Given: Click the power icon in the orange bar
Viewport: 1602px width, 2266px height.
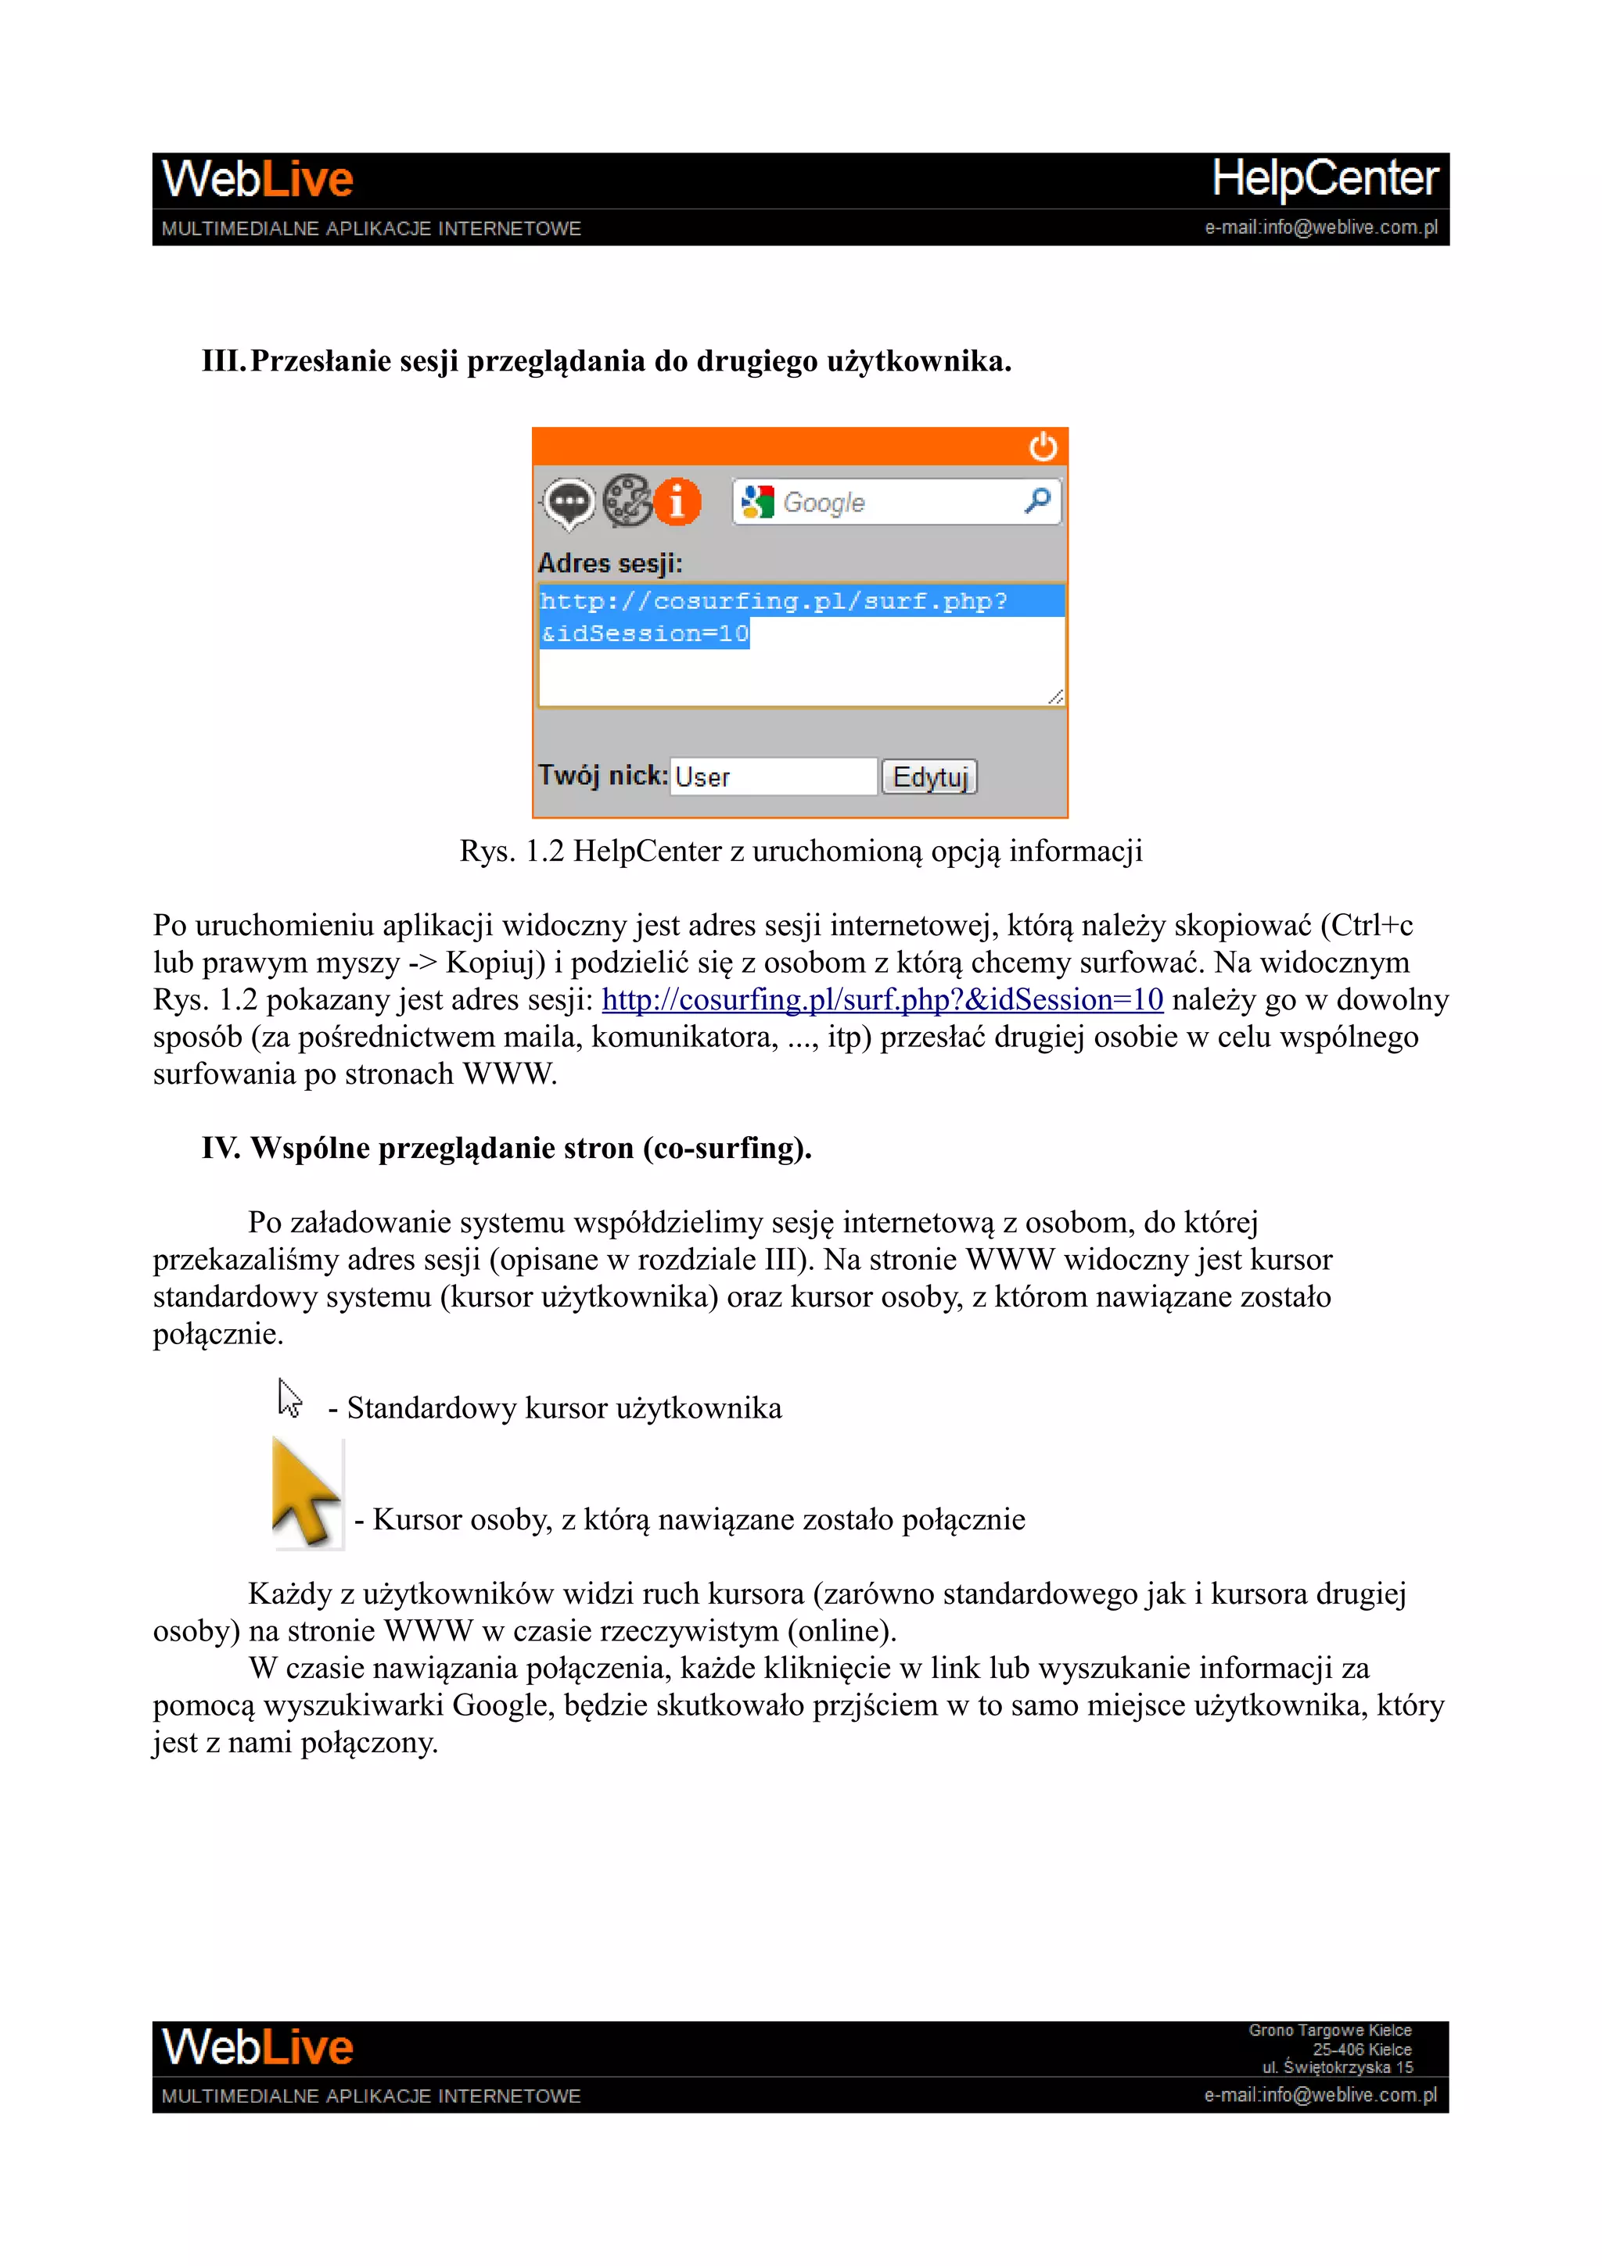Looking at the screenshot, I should pyautogui.click(x=1043, y=447).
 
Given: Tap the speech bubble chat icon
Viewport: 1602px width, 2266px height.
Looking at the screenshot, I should pyautogui.click(x=569, y=502).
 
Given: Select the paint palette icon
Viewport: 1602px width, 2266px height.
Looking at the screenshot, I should pyautogui.click(x=626, y=501).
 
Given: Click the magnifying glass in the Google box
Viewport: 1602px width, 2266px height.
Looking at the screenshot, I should pyautogui.click(x=1037, y=501).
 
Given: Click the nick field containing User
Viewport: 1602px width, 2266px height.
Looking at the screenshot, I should pyautogui.click(x=772, y=776).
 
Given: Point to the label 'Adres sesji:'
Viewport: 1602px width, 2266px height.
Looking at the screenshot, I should pyautogui.click(x=610, y=564).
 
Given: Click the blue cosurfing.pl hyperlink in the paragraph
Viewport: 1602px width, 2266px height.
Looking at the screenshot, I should pyautogui.click(x=882, y=1000).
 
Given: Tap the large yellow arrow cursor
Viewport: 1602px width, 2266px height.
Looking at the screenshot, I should pyautogui.click(x=304, y=1491).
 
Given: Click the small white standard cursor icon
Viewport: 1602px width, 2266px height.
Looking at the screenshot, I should pyautogui.click(x=288, y=1399).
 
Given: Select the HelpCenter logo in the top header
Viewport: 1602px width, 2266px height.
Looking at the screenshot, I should pyautogui.click(x=1324, y=178).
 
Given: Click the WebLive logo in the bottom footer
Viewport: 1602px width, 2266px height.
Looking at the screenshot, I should pyautogui.click(x=257, y=2048).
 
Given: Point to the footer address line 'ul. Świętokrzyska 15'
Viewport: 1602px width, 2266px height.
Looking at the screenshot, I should pyautogui.click(x=1338, y=2067).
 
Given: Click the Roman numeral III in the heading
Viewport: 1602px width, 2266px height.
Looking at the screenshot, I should pyautogui.click(x=222, y=361).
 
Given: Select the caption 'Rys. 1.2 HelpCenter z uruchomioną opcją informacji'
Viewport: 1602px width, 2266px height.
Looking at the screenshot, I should pyautogui.click(x=800, y=851).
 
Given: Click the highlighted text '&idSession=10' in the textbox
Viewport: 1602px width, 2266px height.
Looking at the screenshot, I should pyautogui.click(x=645, y=633).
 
